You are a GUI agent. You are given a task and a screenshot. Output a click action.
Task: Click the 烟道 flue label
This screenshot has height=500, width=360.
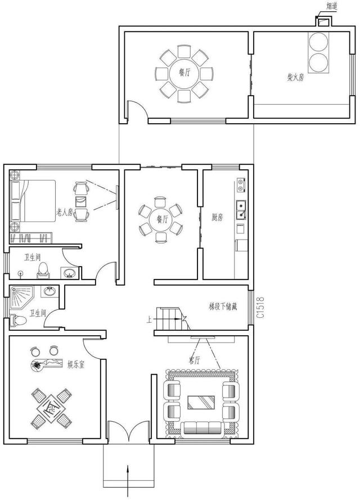pyautogui.click(x=332, y=6)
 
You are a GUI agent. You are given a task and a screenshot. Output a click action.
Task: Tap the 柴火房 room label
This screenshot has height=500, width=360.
pyautogui.click(x=295, y=77)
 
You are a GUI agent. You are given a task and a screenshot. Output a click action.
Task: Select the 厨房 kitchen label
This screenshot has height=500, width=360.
pyautogui.click(x=217, y=218)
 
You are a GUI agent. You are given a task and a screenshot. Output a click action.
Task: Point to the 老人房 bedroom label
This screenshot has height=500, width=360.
pyautogui.click(x=65, y=212)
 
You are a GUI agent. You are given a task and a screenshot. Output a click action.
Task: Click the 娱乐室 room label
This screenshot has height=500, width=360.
pyautogui.click(x=76, y=364)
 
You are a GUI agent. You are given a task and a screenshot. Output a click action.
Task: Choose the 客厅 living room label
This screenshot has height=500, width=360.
pyautogui.click(x=194, y=361)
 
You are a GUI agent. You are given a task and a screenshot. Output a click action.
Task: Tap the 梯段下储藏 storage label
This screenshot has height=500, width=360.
pyautogui.click(x=223, y=307)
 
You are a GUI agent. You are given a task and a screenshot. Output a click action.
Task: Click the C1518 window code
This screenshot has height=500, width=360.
pyautogui.click(x=260, y=308)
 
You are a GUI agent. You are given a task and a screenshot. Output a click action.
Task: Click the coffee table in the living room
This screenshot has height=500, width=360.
pyautogui.click(x=201, y=403)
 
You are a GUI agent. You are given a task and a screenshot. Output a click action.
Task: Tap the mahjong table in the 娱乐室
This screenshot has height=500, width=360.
pyautogui.click(x=51, y=408)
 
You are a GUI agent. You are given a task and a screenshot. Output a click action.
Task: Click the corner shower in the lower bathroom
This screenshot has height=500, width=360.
pyautogui.click(x=22, y=297)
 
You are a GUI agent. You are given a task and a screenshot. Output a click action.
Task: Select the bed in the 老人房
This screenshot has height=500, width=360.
pyautogui.click(x=33, y=201)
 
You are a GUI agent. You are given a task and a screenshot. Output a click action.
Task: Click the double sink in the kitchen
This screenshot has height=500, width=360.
pyautogui.click(x=241, y=210)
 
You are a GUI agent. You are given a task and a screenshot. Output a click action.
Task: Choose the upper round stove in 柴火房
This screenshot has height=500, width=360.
pyautogui.click(x=318, y=42)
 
